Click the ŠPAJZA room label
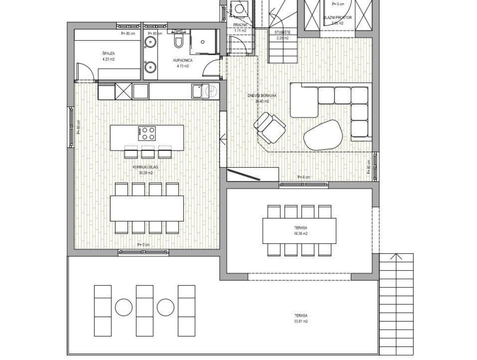pos(108,53)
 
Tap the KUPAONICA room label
pos(183,60)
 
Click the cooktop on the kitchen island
pos(147,133)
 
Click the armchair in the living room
pos(270,127)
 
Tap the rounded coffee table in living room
pos(323,134)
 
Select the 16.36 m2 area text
pos(301,233)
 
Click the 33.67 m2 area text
pos(300,321)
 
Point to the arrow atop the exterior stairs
pos(396,257)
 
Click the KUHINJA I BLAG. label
pos(146,168)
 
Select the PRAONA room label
pos(240,25)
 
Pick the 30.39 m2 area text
pos(146,173)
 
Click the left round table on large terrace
pos(124,307)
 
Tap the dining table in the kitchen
pos(147,208)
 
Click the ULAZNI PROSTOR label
pos(337,17)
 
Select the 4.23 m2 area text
pos(108,59)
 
